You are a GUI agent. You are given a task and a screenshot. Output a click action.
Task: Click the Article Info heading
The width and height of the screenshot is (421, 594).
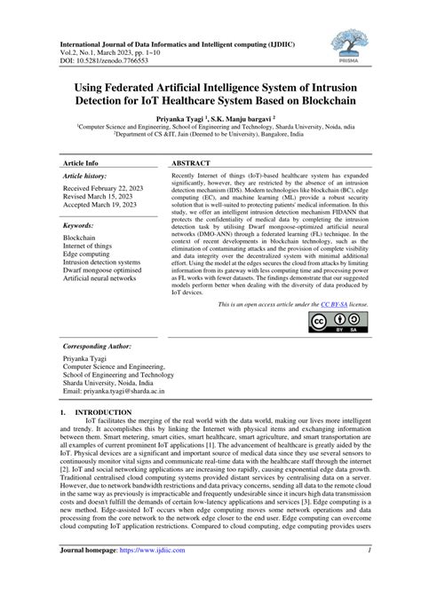(x=81, y=164)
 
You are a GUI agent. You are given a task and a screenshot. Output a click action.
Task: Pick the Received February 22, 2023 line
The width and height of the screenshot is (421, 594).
(x=103, y=189)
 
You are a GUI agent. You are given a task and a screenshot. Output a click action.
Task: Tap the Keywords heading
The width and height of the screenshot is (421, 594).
(x=79, y=226)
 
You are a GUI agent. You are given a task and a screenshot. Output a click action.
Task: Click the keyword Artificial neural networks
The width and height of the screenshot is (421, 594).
(x=99, y=278)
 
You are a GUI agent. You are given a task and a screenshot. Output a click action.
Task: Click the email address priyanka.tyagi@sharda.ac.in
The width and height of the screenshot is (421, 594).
(x=123, y=390)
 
